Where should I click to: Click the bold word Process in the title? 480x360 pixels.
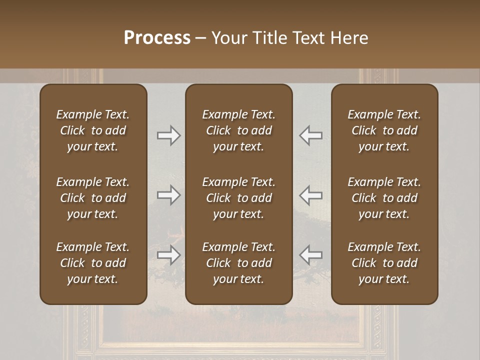(157, 38)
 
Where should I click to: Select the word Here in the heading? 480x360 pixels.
(349, 38)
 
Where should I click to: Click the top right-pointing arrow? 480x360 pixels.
(168, 135)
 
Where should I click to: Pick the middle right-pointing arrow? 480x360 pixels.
(168, 195)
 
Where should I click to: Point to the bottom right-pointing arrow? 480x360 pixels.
(168, 255)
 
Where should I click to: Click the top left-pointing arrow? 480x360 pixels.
(311, 135)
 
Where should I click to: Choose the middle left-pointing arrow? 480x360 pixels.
(311, 195)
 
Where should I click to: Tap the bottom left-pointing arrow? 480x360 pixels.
(311, 255)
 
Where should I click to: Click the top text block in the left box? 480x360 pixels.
(93, 130)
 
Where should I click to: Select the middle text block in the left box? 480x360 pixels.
(93, 198)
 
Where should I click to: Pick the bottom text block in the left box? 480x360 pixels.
(93, 263)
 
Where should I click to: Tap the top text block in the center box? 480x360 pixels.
(238, 130)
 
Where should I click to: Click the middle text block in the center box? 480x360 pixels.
(238, 198)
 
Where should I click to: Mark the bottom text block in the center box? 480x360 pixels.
(238, 263)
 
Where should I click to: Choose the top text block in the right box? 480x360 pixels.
(384, 130)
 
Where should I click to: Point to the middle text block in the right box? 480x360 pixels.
(384, 198)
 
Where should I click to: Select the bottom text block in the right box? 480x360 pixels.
(384, 263)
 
